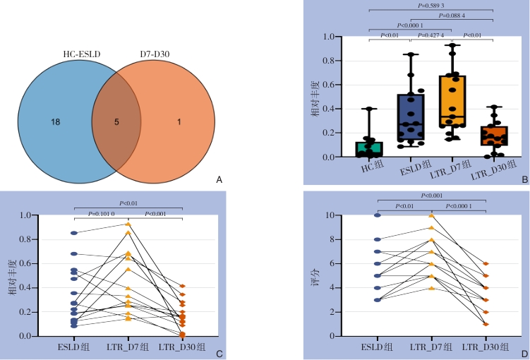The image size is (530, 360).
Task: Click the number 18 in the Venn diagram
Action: click(x=55, y=122)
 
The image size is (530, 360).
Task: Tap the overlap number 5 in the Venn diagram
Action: click(x=116, y=122)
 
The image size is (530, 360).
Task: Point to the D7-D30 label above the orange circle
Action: click(x=155, y=53)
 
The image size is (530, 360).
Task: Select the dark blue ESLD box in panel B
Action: click(x=410, y=119)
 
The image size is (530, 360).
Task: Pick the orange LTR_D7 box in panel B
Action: click(x=452, y=101)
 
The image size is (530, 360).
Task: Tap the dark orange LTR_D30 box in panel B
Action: click(x=493, y=136)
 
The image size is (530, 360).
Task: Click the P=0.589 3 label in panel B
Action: click(x=430, y=6)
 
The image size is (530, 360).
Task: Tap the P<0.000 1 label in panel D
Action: click(x=462, y=205)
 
